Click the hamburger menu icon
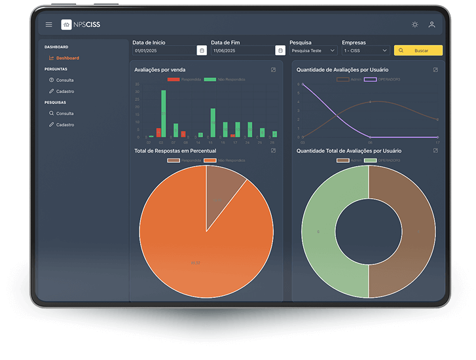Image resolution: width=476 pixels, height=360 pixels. (48, 25)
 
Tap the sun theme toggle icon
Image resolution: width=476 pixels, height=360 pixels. (414, 25)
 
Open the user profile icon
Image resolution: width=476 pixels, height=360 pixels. (431, 25)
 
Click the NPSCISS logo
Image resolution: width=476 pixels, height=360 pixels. (81, 25)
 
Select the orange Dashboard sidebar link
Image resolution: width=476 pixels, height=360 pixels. (67, 58)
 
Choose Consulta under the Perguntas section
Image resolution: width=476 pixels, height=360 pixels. (64, 81)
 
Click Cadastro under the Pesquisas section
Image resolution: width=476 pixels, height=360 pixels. (64, 124)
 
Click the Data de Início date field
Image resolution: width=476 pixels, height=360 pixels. (164, 50)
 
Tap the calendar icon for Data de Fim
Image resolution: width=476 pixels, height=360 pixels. (280, 50)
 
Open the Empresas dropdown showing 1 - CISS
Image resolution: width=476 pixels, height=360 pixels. (365, 50)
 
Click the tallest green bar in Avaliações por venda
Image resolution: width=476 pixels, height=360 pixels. (164, 113)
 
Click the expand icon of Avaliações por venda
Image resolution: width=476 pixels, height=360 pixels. (273, 69)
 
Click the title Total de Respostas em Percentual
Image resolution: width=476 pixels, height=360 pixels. (175, 151)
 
